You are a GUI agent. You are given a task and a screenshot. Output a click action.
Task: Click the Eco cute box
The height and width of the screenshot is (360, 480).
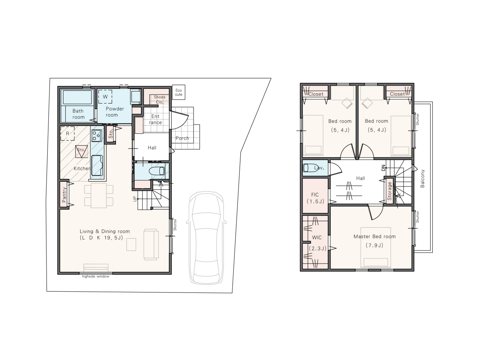178,92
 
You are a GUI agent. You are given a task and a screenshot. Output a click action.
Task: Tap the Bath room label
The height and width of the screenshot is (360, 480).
78,114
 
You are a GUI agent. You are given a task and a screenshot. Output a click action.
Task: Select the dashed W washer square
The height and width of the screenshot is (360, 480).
105,96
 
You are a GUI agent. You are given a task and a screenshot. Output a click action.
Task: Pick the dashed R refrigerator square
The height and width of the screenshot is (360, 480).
67,133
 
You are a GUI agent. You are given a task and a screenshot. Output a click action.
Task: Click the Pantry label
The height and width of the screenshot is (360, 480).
64,195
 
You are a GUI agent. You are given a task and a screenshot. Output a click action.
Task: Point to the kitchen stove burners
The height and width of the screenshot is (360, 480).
96,135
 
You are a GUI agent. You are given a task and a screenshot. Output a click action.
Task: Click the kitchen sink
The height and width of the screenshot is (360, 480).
97,165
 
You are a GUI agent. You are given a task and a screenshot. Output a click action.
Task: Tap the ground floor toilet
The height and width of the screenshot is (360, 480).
157,171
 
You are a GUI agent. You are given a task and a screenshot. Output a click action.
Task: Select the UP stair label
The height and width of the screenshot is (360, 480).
135,199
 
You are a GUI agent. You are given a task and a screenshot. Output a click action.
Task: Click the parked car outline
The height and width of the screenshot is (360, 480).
206,238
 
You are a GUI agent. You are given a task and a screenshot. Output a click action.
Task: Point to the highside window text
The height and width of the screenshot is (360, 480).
96,276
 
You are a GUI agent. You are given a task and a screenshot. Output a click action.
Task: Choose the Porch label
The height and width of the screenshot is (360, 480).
182,138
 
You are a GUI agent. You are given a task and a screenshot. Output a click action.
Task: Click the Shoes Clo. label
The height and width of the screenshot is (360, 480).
159,99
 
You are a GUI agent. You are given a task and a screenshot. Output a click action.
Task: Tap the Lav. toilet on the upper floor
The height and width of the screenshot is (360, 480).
310,168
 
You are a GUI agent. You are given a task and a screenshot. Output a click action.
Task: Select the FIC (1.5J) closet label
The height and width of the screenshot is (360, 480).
315,198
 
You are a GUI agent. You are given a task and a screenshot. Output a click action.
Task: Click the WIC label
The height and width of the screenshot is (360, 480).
316,237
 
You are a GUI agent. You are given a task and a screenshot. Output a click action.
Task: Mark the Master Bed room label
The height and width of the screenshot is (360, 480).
374,236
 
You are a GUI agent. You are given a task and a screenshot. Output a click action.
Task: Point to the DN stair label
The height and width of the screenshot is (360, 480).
383,168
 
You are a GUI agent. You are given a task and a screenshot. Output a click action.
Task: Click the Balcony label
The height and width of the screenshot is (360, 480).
422,178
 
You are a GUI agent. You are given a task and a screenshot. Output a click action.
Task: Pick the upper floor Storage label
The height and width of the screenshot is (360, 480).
389,191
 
